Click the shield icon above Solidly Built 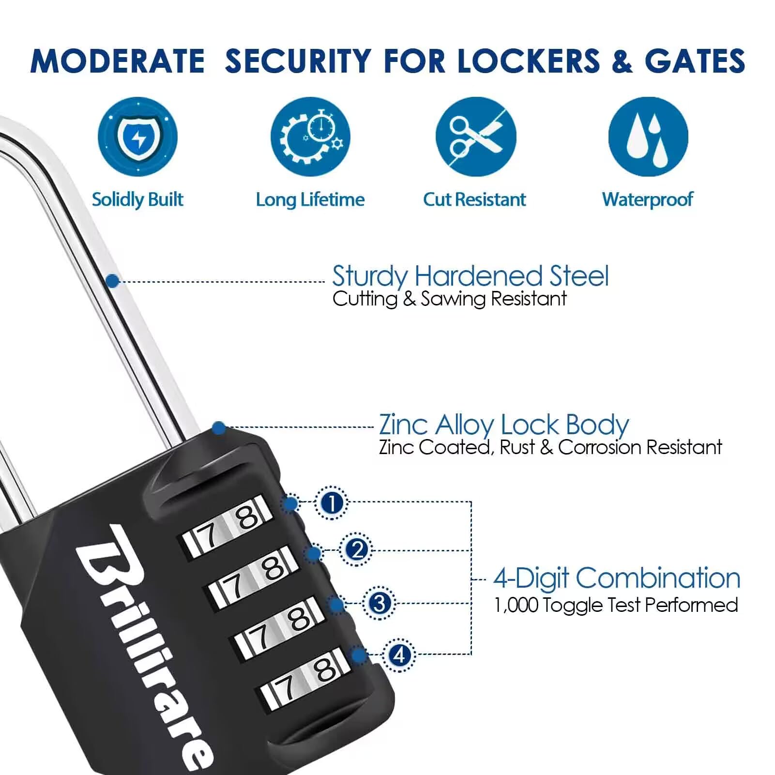pyautogui.click(x=137, y=137)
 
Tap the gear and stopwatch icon pyautogui.click(x=310, y=137)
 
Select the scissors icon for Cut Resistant pyautogui.click(x=476, y=137)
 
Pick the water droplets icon pyautogui.click(x=648, y=137)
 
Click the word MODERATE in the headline pyautogui.click(x=117, y=61)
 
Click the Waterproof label pyautogui.click(x=648, y=199)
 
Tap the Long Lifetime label pyautogui.click(x=310, y=199)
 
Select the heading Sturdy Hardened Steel pyautogui.click(x=470, y=276)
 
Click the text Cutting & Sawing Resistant pyautogui.click(x=449, y=299)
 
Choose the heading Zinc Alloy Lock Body pyautogui.click(x=504, y=425)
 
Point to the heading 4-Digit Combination pyautogui.click(x=617, y=578)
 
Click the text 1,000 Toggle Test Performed pyautogui.click(x=616, y=605)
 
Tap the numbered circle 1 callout pyautogui.click(x=332, y=503)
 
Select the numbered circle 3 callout pyautogui.click(x=380, y=603)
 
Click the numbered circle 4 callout pyautogui.click(x=399, y=655)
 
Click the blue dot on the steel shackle pyautogui.click(x=112, y=281)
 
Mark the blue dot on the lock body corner pyautogui.click(x=219, y=428)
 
